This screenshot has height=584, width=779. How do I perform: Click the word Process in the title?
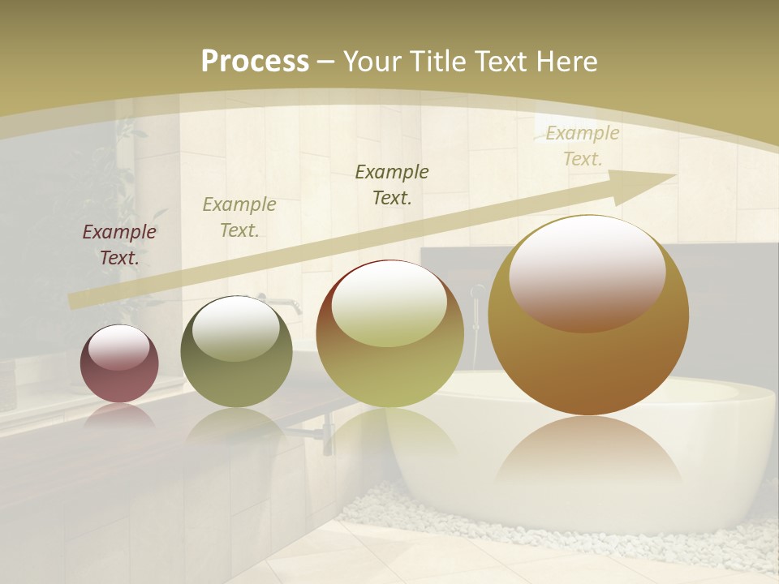click(255, 61)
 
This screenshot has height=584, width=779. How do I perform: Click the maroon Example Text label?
click(119, 244)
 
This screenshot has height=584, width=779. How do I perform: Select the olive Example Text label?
click(239, 217)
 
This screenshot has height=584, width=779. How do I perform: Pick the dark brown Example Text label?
click(392, 184)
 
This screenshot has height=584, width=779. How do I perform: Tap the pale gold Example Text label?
click(583, 146)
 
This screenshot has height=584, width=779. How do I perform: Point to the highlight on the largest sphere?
click(587, 273)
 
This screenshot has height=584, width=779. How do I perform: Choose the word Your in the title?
click(372, 61)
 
